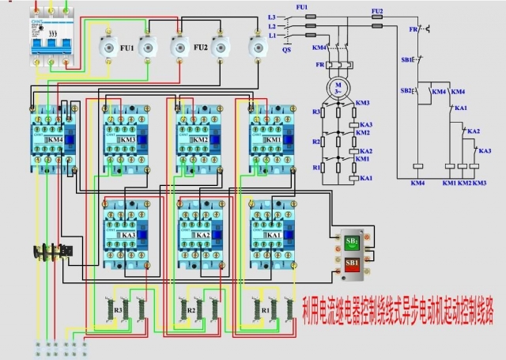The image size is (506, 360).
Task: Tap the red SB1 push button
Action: [x=352, y=262]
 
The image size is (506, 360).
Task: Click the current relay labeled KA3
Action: [x=128, y=235]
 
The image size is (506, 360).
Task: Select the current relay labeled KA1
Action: [x=273, y=235]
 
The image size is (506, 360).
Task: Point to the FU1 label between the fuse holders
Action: [x=126, y=48]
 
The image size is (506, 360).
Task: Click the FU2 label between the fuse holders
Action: [x=200, y=48]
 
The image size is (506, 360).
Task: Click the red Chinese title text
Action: [x=398, y=310]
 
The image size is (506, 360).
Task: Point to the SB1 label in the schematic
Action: [x=406, y=59]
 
